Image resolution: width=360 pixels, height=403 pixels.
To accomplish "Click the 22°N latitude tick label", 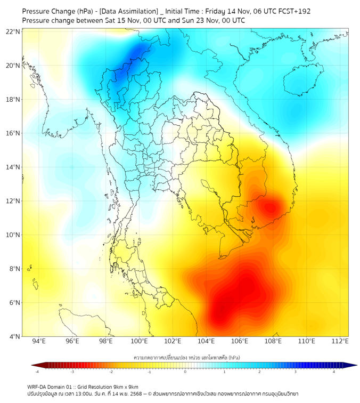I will [13, 31].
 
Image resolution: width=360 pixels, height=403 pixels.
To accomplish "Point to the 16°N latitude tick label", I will [13, 133].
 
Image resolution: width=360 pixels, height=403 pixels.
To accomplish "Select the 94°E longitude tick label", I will [39, 342].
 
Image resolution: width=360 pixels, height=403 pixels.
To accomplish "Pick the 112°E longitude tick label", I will [340, 342].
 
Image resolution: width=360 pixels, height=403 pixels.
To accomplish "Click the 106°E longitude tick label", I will [240, 342].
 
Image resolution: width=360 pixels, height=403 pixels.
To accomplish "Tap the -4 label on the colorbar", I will [37, 372].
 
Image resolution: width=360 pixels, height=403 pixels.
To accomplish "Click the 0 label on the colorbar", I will [186, 372].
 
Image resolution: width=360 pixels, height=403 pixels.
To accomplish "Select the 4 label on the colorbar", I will [334, 372].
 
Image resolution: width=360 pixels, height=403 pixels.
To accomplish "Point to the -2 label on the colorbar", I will [111, 372].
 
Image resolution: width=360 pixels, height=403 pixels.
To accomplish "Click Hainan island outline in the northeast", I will [301, 84].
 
